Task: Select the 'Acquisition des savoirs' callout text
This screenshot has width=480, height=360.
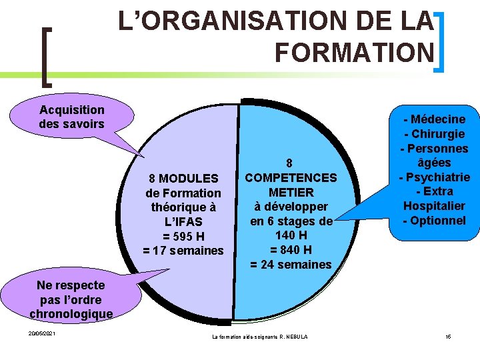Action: [x=72, y=117]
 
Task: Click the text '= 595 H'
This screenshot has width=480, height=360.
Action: [x=183, y=237]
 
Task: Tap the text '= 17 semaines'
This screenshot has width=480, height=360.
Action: [x=183, y=251]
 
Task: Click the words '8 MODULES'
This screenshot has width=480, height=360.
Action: [x=183, y=179]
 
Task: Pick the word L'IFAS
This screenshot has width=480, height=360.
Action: [x=183, y=222]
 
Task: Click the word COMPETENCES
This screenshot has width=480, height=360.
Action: [x=290, y=177]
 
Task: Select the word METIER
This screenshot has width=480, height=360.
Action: [x=290, y=192]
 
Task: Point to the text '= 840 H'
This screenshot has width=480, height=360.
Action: [x=290, y=250]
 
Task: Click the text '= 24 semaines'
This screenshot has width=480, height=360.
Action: [x=290, y=265]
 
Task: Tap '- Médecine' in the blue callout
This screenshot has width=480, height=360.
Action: [x=434, y=119]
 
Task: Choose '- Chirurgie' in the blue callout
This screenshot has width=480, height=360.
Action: [x=434, y=134]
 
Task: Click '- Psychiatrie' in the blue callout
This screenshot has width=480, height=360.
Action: [x=434, y=177]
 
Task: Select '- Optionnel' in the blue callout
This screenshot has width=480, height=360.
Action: [x=434, y=221]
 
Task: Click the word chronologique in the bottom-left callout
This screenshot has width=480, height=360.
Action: [x=71, y=313]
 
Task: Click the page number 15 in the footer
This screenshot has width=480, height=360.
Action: [x=448, y=337]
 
